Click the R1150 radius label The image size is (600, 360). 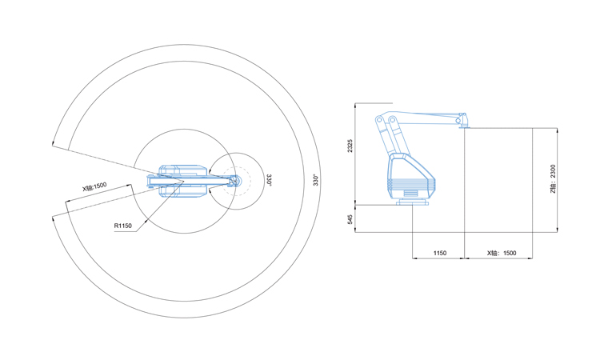(x=123, y=226)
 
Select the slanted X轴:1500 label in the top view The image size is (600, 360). (x=94, y=186)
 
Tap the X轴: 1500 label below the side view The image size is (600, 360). (x=502, y=253)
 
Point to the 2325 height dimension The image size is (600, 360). (x=350, y=146)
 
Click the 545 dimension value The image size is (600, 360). (x=350, y=219)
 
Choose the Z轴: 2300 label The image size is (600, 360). (x=553, y=178)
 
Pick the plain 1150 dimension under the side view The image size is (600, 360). (x=440, y=253)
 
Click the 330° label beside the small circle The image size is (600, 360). (x=269, y=180)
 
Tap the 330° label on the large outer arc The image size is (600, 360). (x=316, y=180)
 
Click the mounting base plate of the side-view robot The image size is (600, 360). (x=412, y=202)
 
